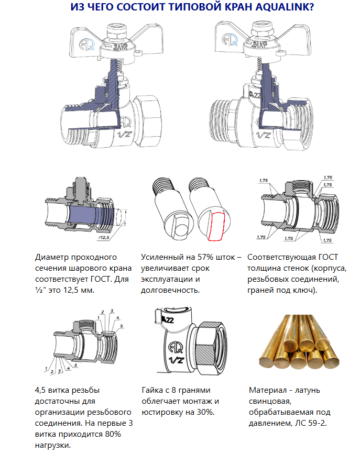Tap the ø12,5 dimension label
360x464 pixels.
pyautogui.click(x=103, y=238)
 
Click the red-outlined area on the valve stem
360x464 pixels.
pyautogui.click(x=216, y=226)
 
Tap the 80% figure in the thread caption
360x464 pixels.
pyautogui.click(x=113, y=434)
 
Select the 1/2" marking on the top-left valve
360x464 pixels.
pyautogui.click(x=124, y=135)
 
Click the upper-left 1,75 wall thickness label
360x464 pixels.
pyautogui.click(x=264, y=181)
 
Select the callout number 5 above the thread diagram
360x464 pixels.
pyautogui.click(x=122, y=326)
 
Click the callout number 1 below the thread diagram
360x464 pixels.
pyautogui.click(x=46, y=369)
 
